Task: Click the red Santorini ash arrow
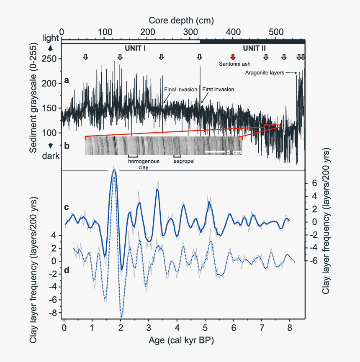click(x=233, y=57)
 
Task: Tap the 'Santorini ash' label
click(x=235, y=64)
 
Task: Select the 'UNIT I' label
click(x=135, y=48)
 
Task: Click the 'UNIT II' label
click(x=254, y=48)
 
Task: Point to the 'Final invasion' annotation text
click(x=180, y=89)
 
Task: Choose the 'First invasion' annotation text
click(x=218, y=89)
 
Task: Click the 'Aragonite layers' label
click(x=265, y=73)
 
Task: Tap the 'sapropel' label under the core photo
click(x=185, y=160)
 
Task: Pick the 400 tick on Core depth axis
click(x=233, y=32)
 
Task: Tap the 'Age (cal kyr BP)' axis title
click(x=181, y=341)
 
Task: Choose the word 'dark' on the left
click(x=51, y=156)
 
